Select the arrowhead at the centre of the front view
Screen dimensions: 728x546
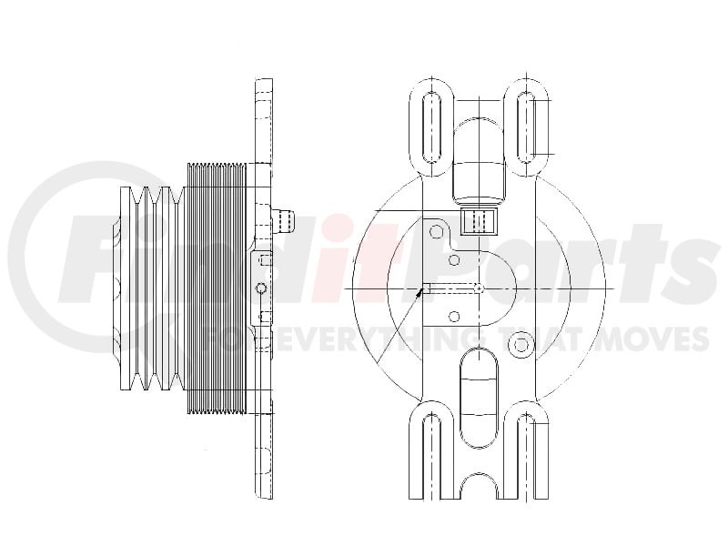pyautogui.click(x=420, y=292)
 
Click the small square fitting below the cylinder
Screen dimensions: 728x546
pyautogui.click(x=479, y=221)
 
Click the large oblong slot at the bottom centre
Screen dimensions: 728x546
pyautogui.click(x=479, y=399)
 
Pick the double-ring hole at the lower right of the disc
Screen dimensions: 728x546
pyautogui.click(x=521, y=345)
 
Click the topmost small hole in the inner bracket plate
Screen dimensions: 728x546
pyautogui.click(x=437, y=231)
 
